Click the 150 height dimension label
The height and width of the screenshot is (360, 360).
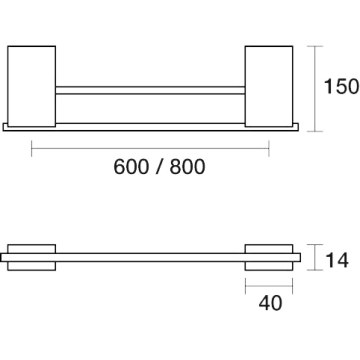point(341,86)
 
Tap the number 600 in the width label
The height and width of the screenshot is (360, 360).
point(131,167)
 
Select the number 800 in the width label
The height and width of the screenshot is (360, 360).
point(187,167)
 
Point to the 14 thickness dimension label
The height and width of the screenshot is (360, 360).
point(337,260)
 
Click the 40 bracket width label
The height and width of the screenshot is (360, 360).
point(270,303)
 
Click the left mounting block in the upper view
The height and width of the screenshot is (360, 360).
point(32,86)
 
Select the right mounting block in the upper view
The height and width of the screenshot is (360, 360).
point(269,86)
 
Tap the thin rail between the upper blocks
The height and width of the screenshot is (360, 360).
point(150,90)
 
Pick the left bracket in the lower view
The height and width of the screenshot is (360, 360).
point(32,257)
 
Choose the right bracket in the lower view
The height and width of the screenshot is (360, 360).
point(269,257)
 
